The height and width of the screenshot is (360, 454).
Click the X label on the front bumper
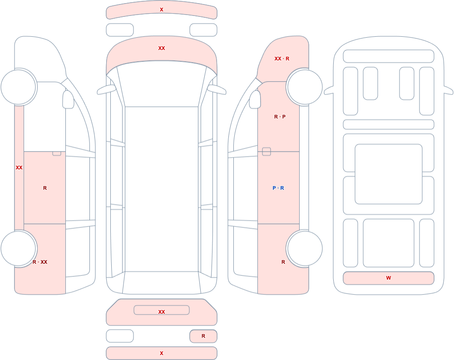[162, 10]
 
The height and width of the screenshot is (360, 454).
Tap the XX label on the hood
[162, 48]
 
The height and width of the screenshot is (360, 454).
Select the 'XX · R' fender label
[282, 59]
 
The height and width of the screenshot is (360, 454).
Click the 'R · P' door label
[280, 117]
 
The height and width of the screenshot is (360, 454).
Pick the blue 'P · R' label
[278, 188]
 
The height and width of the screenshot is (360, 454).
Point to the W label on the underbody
[389, 278]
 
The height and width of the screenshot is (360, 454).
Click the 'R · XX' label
[40, 262]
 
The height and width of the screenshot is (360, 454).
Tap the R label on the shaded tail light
[203, 336]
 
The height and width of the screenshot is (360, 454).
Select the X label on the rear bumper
[162, 353]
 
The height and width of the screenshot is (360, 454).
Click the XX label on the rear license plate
[162, 311]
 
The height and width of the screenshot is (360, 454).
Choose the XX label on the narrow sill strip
[19, 168]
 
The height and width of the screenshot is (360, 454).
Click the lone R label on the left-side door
[45, 188]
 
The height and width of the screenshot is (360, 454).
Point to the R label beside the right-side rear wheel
[283, 262]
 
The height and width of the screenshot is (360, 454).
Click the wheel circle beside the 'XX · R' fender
[304, 87]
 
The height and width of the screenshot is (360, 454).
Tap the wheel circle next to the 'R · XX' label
[19, 248]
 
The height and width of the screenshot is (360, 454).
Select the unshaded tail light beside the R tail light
[120, 336]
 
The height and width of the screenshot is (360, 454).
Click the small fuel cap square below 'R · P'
[266, 152]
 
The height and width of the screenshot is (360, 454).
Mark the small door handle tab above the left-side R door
[57, 153]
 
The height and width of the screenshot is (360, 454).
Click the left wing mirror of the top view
[106, 90]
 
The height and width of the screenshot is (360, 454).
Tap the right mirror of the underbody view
[448, 90]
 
